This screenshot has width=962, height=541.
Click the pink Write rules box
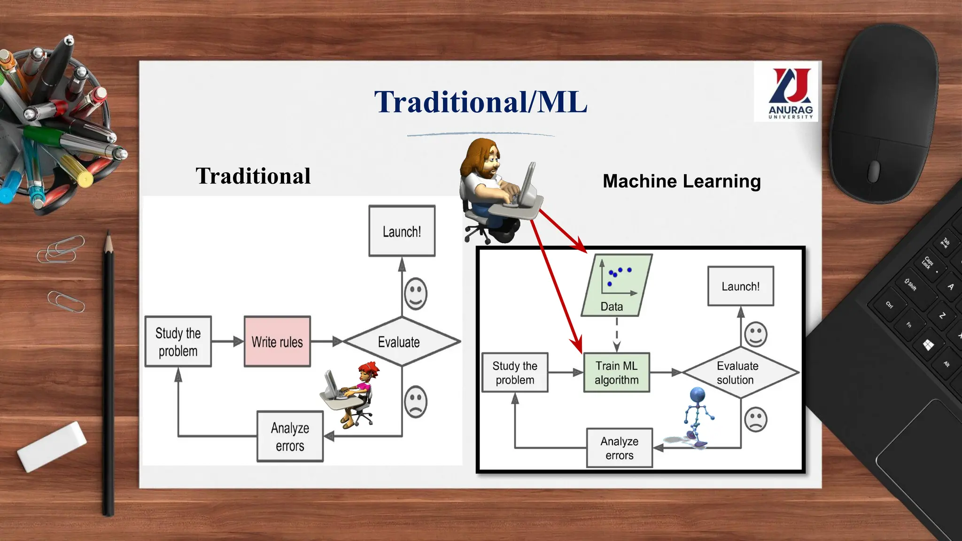pos(277,341)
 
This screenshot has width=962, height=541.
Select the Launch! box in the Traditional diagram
pos(402,231)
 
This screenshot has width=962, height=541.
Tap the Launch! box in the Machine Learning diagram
pos(740,286)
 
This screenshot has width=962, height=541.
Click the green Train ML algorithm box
pos(616,372)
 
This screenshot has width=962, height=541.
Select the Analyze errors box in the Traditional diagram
pos(290,436)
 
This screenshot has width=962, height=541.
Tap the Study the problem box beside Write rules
pos(178,341)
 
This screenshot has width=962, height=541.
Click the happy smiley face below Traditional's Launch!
pos(416,294)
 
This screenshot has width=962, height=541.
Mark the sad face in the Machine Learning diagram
pos(755,419)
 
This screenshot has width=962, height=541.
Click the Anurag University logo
pos(790,92)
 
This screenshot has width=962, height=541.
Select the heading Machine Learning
pos(681,181)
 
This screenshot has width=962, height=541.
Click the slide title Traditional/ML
pos(481,102)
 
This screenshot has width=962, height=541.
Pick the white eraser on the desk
pos(52,446)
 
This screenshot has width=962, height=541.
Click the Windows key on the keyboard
pos(928,345)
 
